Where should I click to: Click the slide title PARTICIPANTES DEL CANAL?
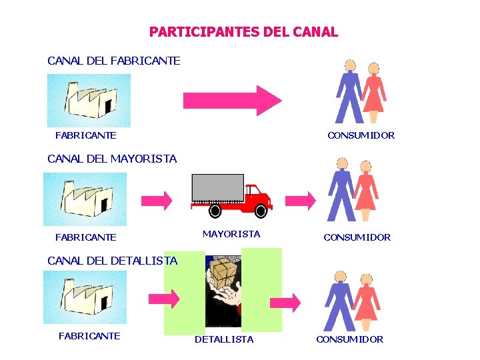click(x=243, y=32)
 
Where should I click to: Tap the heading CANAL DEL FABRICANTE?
click(x=113, y=61)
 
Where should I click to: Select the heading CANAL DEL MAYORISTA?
click(x=112, y=159)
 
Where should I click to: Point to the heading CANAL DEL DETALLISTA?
click(x=112, y=261)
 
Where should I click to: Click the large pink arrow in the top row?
click(x=232, y=100)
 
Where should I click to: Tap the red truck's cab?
click(x=256, y=197)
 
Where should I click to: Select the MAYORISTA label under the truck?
click(x=231, y=234)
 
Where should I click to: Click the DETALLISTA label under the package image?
click(x=224, y=339)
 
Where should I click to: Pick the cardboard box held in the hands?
click(x=223, y=273)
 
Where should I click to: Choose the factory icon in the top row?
click(x=89, y=100)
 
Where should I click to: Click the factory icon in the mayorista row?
click(x=85, y=199)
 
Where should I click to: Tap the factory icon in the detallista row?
click(x=85, y=297)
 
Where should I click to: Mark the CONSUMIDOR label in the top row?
click(x=361, y=135)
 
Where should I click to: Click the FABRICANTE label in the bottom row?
click(x=89, y=336)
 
